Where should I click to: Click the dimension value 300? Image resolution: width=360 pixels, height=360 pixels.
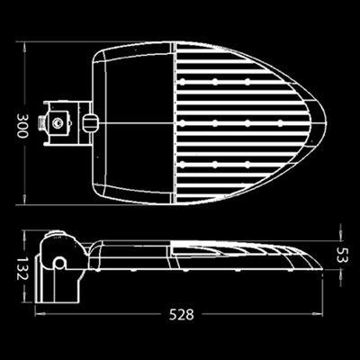click(x=22, y=125)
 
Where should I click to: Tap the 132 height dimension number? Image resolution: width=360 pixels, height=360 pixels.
click(x=22, y=268)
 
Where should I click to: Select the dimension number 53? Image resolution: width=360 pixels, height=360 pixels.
click(x=342, y=255)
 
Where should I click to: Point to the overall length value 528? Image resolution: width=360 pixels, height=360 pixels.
click(x=182, y=314)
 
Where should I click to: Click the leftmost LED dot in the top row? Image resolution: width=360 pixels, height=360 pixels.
click(x=183, y=81)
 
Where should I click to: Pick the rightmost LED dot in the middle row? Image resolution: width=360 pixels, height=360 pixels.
click(x=280, y=122)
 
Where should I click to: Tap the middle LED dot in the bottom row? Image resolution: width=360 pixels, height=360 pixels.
click(x=215, y=164)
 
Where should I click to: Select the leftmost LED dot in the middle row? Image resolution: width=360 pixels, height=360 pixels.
click(x=183, y=122)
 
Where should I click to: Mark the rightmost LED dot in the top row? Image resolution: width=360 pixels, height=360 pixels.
click(x=247, y=81)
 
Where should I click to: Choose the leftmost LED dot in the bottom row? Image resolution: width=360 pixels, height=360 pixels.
click(x=183, y=164)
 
